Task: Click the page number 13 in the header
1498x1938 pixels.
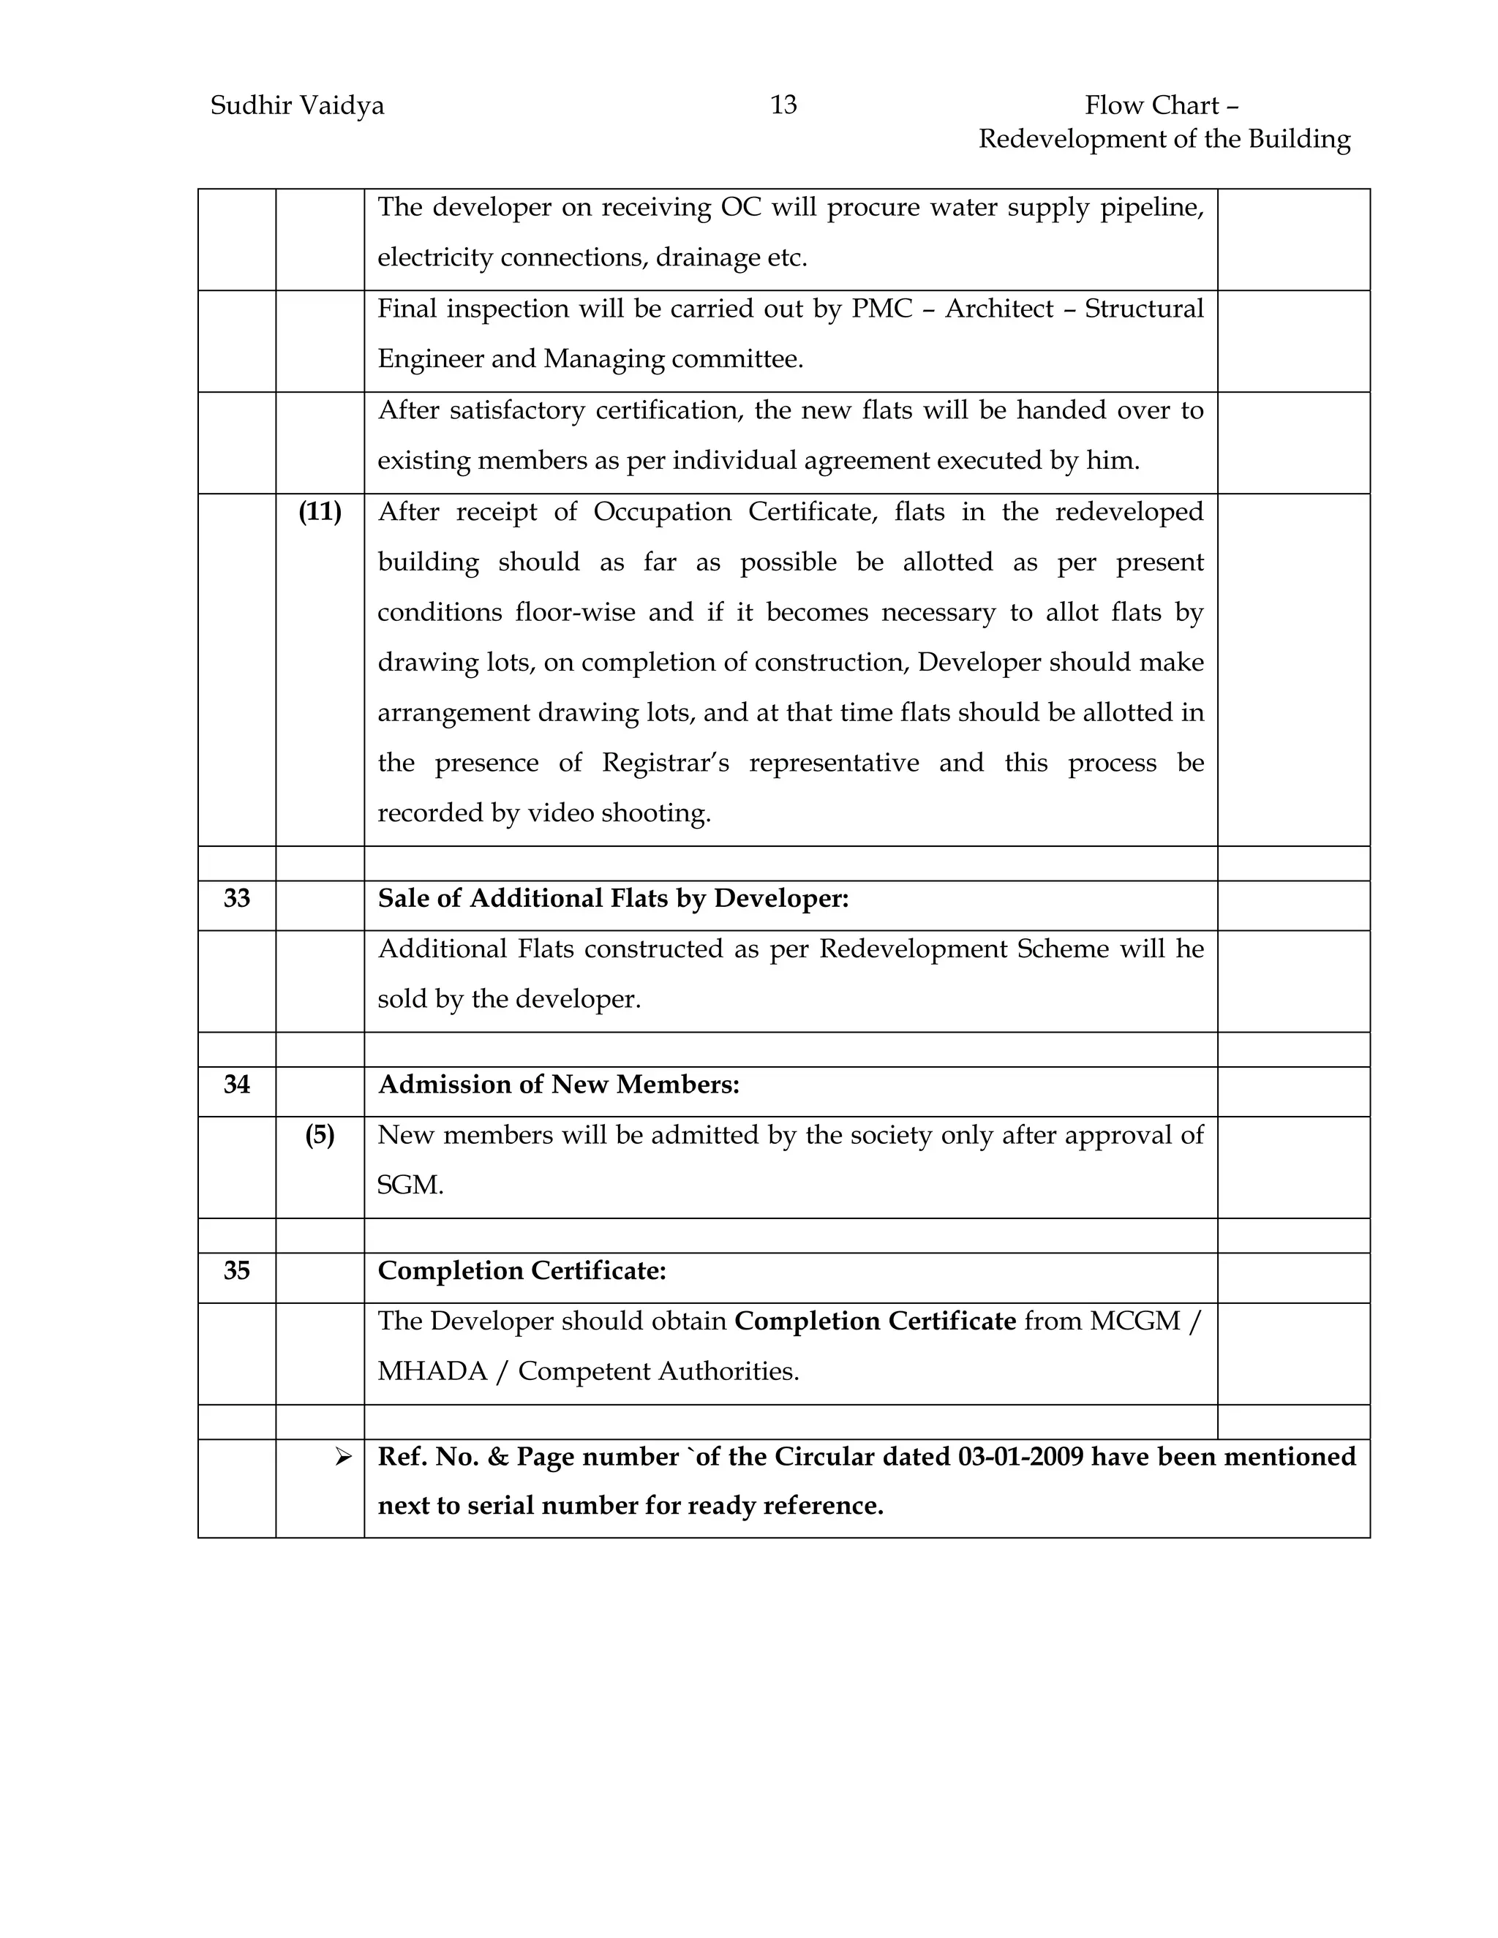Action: pyautogui.click(x=783, y=105)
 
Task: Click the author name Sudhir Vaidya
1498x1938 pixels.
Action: pyautogui.click(x=297, y=107)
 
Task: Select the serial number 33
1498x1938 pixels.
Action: pyautogui.click(x=237, y=899)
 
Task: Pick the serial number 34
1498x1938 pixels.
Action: pyautogui.click(x=237, y=1085)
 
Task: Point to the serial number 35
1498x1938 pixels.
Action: pyautogui.click(x=237, y=1272)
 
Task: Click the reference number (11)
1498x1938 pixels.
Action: pyautogui.click(x=320, y=512)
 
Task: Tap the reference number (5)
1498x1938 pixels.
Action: pyautogui.click(x=320, y=1136)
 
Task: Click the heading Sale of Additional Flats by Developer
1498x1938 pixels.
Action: pyautogui.click(x=613, y=899)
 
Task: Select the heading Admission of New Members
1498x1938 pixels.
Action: pyautogui.click(x=558, y=1085)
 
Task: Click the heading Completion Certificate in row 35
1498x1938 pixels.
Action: pyautogui.click(x=522, y=1272)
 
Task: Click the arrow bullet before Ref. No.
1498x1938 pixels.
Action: pyautogui.click(x=342, y=1457)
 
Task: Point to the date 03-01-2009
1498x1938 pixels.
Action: pyautogui.click(x=1020, y=1457)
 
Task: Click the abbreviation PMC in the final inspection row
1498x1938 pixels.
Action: pyautogui.click(x=882, y=309)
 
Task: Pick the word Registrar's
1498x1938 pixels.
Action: pyautogui.click(x=666, y=763)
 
